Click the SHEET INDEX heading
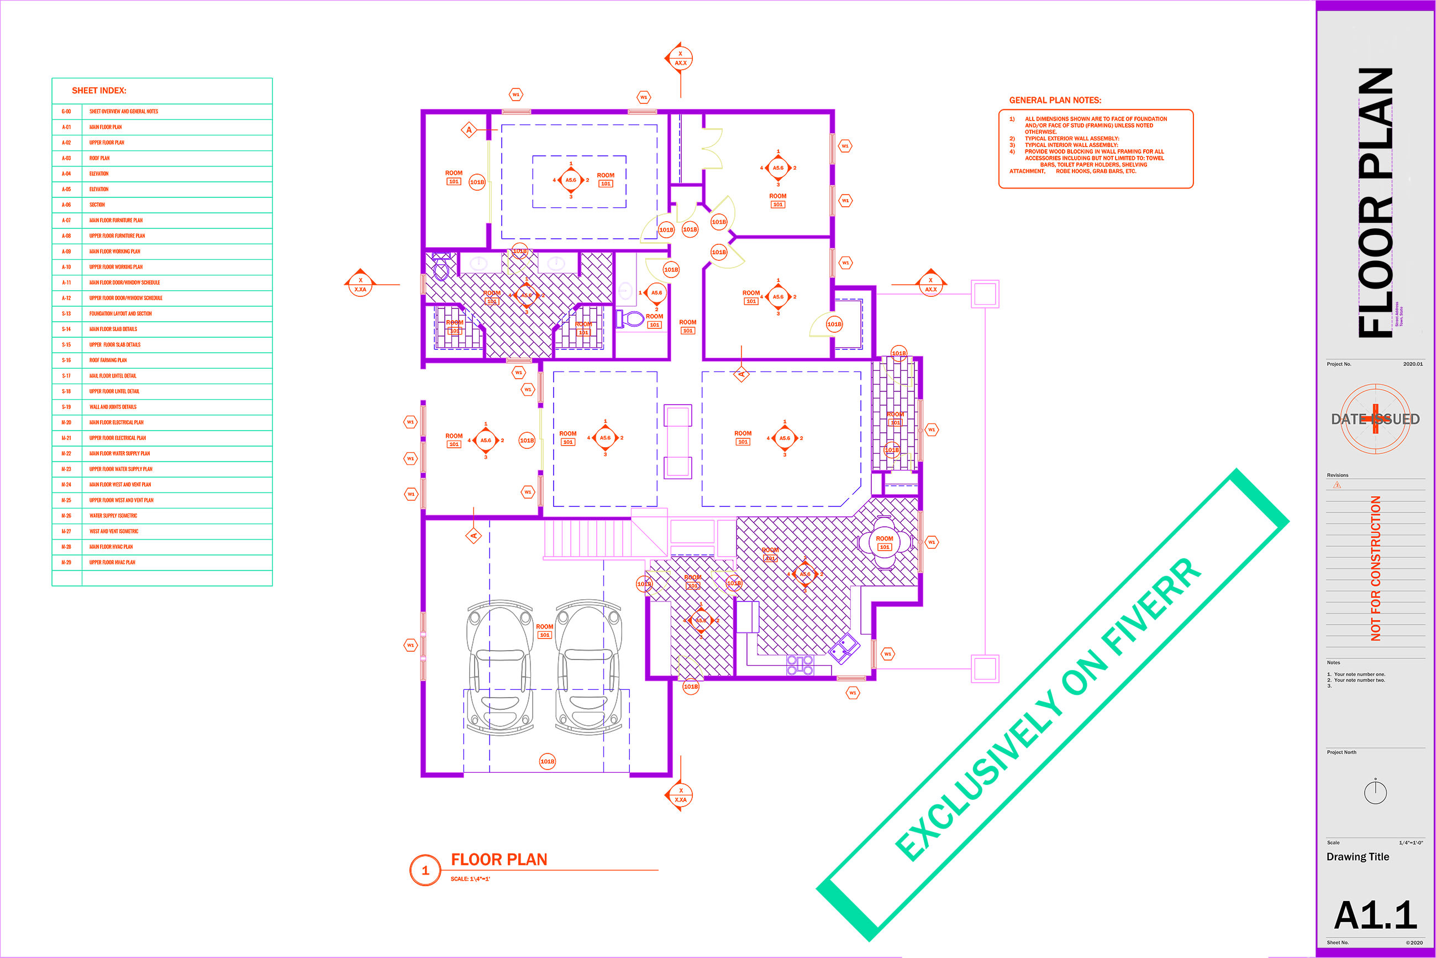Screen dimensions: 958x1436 click(99, 91)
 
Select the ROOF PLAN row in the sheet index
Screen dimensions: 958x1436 click(99, 158)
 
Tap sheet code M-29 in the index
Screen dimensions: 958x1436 click(66, 562)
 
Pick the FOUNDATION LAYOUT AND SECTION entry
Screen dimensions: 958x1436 click(120, 313)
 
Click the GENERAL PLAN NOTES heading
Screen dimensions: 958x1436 click(1055, 100)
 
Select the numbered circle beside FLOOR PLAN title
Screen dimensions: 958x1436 click(425, 870)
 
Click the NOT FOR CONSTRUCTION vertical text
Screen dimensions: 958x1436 click(1376, 568)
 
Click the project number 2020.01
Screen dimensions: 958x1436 click(1412, 364)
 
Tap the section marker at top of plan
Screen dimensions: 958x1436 click(680, 59)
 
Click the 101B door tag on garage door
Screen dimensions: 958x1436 click(547, 761)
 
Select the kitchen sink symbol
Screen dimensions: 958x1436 click(844, 648)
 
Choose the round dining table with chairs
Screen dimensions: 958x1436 click(885, 542)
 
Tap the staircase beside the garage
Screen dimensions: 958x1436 click(587, 538)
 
